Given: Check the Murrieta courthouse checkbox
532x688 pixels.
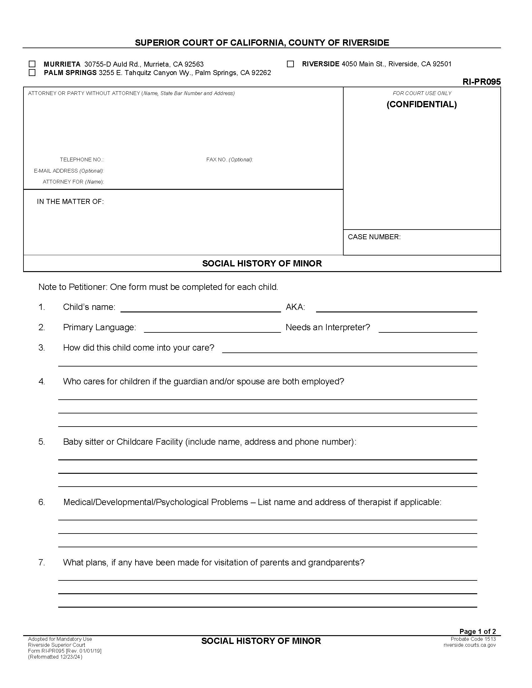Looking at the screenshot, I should pos(32,64).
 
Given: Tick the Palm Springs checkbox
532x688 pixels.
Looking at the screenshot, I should pos(32,73).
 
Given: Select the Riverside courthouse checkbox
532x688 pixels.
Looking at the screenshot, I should pos(290,64).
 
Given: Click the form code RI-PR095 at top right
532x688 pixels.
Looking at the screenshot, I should pos(481,82).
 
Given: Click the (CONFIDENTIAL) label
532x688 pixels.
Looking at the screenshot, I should pos(422,104).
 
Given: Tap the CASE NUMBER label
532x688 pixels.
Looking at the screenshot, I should pos(374,237).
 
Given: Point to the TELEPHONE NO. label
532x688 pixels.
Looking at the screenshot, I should pos(82,160).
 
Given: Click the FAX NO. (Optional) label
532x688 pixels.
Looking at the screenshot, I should pos(229,160).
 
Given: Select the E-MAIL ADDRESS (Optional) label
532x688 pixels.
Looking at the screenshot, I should pos(69,171).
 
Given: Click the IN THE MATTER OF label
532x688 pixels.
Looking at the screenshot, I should pos(70,202).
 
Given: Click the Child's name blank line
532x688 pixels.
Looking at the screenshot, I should pos(201,308).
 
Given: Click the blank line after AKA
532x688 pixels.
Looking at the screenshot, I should pos(396,308).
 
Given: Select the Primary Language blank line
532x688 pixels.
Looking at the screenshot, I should pos(212,329).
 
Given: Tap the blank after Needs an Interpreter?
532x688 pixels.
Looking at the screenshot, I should pos(427,329).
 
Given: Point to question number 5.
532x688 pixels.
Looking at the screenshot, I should pos(42,442).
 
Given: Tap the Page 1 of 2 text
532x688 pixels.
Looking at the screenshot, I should pos(478,631).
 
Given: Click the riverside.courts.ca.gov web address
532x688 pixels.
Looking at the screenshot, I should pos(469,645).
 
